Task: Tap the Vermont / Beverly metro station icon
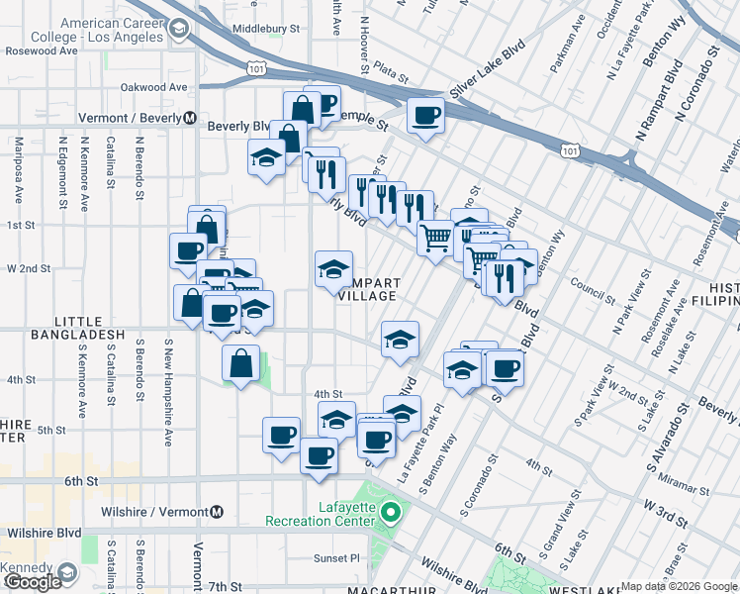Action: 188,118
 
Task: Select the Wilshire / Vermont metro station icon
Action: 216,512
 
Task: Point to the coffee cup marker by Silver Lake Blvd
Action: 426,117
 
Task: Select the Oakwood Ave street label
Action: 153,87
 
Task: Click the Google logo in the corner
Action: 33,582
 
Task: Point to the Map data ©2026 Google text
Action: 678,586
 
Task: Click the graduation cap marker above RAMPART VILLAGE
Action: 333,268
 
